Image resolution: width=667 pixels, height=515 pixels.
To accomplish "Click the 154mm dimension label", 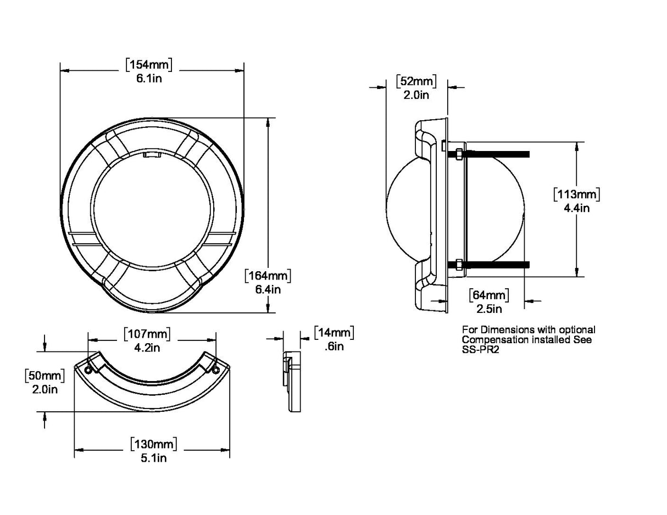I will (x=149, y=65).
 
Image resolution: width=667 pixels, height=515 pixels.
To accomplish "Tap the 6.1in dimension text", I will (x=149, y=78).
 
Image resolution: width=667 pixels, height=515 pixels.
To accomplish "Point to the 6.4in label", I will (x=267, y=289).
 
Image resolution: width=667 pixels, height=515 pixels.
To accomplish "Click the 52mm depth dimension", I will (x=416, y=82).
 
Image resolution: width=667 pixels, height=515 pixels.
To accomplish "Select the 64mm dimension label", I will (x=489, y=295).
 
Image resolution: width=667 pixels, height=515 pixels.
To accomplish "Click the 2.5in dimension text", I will (x=489, y=309).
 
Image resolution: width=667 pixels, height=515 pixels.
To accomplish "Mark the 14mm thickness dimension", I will (x=333, y=333).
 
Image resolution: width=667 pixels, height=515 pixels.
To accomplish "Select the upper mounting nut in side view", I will (x=458, y=153).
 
